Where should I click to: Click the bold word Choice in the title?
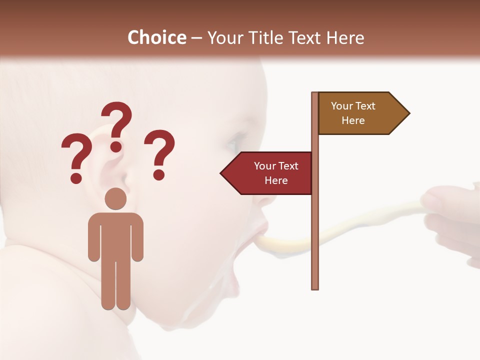156,37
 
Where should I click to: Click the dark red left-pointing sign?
270,173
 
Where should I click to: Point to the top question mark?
117,125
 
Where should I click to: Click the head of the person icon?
116,199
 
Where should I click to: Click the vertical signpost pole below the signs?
315,240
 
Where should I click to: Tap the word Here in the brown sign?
353,120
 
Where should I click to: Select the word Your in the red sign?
264,166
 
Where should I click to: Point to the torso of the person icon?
116,235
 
